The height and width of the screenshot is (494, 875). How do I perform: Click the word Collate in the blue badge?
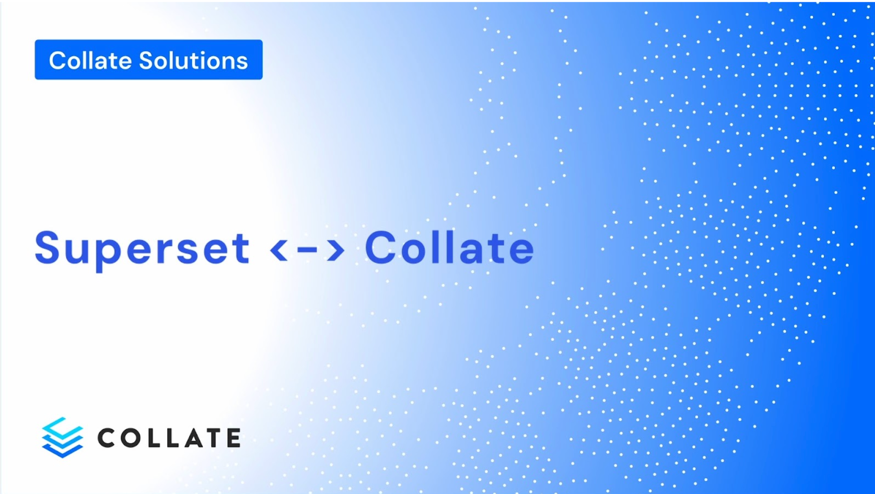pos(90,61)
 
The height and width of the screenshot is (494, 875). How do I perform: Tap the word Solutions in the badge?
pos(193,61)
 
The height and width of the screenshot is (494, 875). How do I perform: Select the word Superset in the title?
pos(142,248)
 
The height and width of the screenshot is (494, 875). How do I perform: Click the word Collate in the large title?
pos(449,248)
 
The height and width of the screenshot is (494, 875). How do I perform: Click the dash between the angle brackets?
pos(307,249)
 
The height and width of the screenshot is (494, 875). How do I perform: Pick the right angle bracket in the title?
pos(336,249)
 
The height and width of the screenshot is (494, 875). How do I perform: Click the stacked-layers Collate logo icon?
pos(62,437)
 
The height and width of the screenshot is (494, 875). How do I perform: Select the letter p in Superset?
pos(105,252)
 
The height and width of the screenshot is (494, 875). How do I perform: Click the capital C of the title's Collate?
pos(380,247)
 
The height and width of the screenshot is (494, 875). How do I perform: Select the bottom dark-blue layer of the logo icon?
pos(62,451)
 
